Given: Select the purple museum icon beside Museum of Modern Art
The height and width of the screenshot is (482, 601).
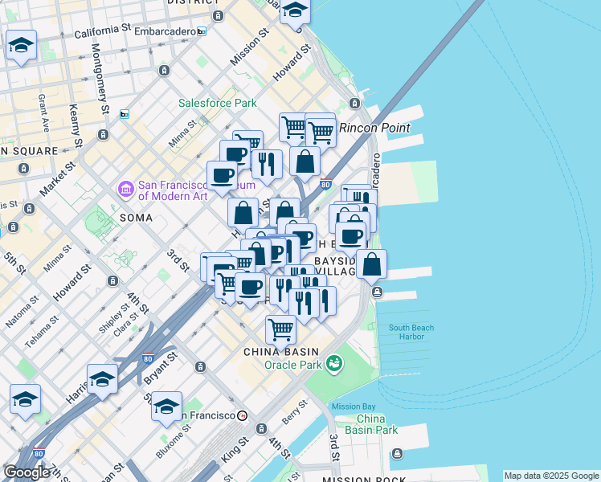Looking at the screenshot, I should [x=126, y=190].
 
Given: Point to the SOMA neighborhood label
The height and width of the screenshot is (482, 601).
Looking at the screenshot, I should [x=136, y=218].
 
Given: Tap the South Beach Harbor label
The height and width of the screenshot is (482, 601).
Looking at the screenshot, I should [x=411, y=332].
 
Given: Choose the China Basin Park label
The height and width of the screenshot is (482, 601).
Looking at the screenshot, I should [x=377, y=424].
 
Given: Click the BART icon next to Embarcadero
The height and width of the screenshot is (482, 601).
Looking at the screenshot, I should [x=202, y=31].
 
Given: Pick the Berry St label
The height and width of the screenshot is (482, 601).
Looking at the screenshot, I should [x=294, y=411].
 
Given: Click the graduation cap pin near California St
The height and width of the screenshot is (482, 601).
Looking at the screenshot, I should [x=22, y=45].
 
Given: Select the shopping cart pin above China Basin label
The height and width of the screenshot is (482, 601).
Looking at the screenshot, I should [x=280, y=328].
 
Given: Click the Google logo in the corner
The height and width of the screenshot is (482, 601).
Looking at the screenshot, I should [x=27, y=472].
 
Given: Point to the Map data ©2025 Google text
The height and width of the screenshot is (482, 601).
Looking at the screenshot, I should [x=551, y=476].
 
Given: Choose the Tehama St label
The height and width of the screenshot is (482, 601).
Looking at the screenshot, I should [x=42, y=331].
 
